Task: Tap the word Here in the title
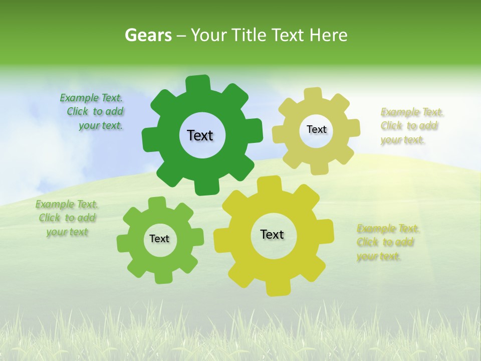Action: (x=328, y=35)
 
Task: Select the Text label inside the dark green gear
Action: (x=200, y=135)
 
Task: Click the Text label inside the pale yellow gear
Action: (x=316, y=129)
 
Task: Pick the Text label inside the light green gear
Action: (x=159, y=239)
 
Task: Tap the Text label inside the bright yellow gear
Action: (x=272, y=234)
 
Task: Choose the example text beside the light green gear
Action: (x=67, y=218)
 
